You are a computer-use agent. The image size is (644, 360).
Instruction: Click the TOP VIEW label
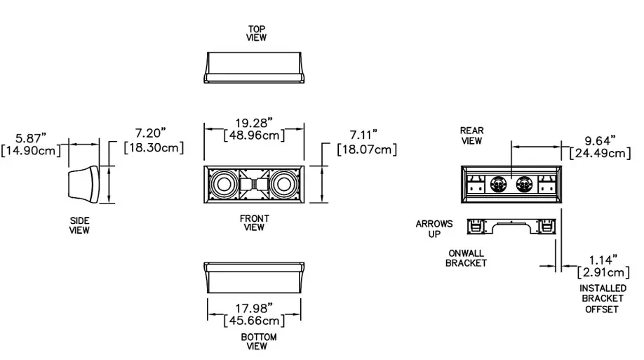(x=256, y=33)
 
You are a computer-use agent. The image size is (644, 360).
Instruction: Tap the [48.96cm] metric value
(x=253, y=135)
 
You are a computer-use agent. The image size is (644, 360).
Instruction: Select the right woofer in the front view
(x=285, y=186)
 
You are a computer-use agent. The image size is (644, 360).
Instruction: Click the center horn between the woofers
(x=253, y=186)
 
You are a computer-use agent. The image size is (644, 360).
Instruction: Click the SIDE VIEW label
(x=79, y=225)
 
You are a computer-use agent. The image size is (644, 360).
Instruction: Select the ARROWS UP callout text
(x=434, y=228)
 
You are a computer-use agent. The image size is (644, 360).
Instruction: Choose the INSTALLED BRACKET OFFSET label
(x=602, y=298)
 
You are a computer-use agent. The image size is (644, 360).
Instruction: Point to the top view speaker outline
(x=254, y=67)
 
